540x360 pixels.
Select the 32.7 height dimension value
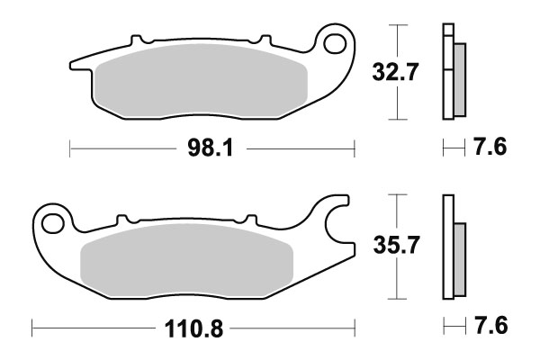[395, 72]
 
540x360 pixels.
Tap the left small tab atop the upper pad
[138, 41]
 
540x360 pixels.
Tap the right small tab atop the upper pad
[265, 41]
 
